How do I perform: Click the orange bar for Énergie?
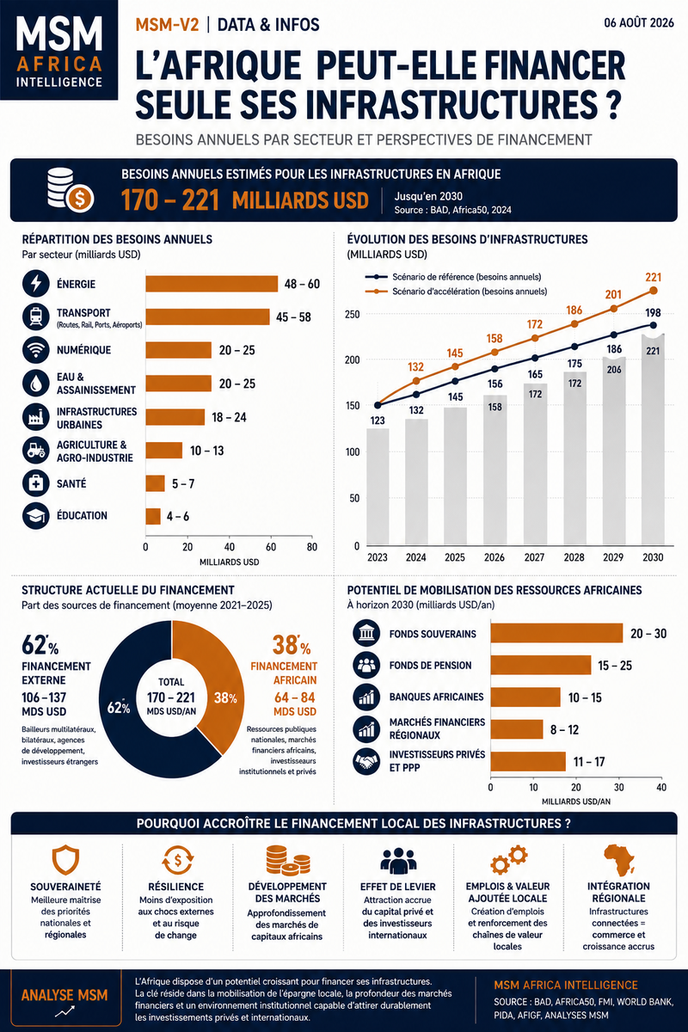(212, 284)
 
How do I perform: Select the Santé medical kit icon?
(35, 483)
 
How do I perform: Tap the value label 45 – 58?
(293, 317)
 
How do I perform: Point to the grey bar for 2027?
(535, 464)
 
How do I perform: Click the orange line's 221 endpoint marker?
(653, 291)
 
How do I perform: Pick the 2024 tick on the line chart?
(415, 557)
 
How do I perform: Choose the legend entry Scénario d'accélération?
(456, 292)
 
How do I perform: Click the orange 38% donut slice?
(207, 686)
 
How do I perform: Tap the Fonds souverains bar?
(556, 633)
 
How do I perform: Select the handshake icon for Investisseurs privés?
(366, 762)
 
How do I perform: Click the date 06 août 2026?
(639, 23)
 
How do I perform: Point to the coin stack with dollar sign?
(71, 190)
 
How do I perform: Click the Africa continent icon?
(618, 859)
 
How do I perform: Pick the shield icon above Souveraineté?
(65, 860)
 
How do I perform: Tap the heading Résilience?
(176, 887)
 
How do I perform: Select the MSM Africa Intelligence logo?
(59, 50)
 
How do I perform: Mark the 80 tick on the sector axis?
(312, 547)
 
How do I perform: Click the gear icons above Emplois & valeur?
(508, 860)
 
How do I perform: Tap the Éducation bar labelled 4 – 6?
(153, 516)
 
